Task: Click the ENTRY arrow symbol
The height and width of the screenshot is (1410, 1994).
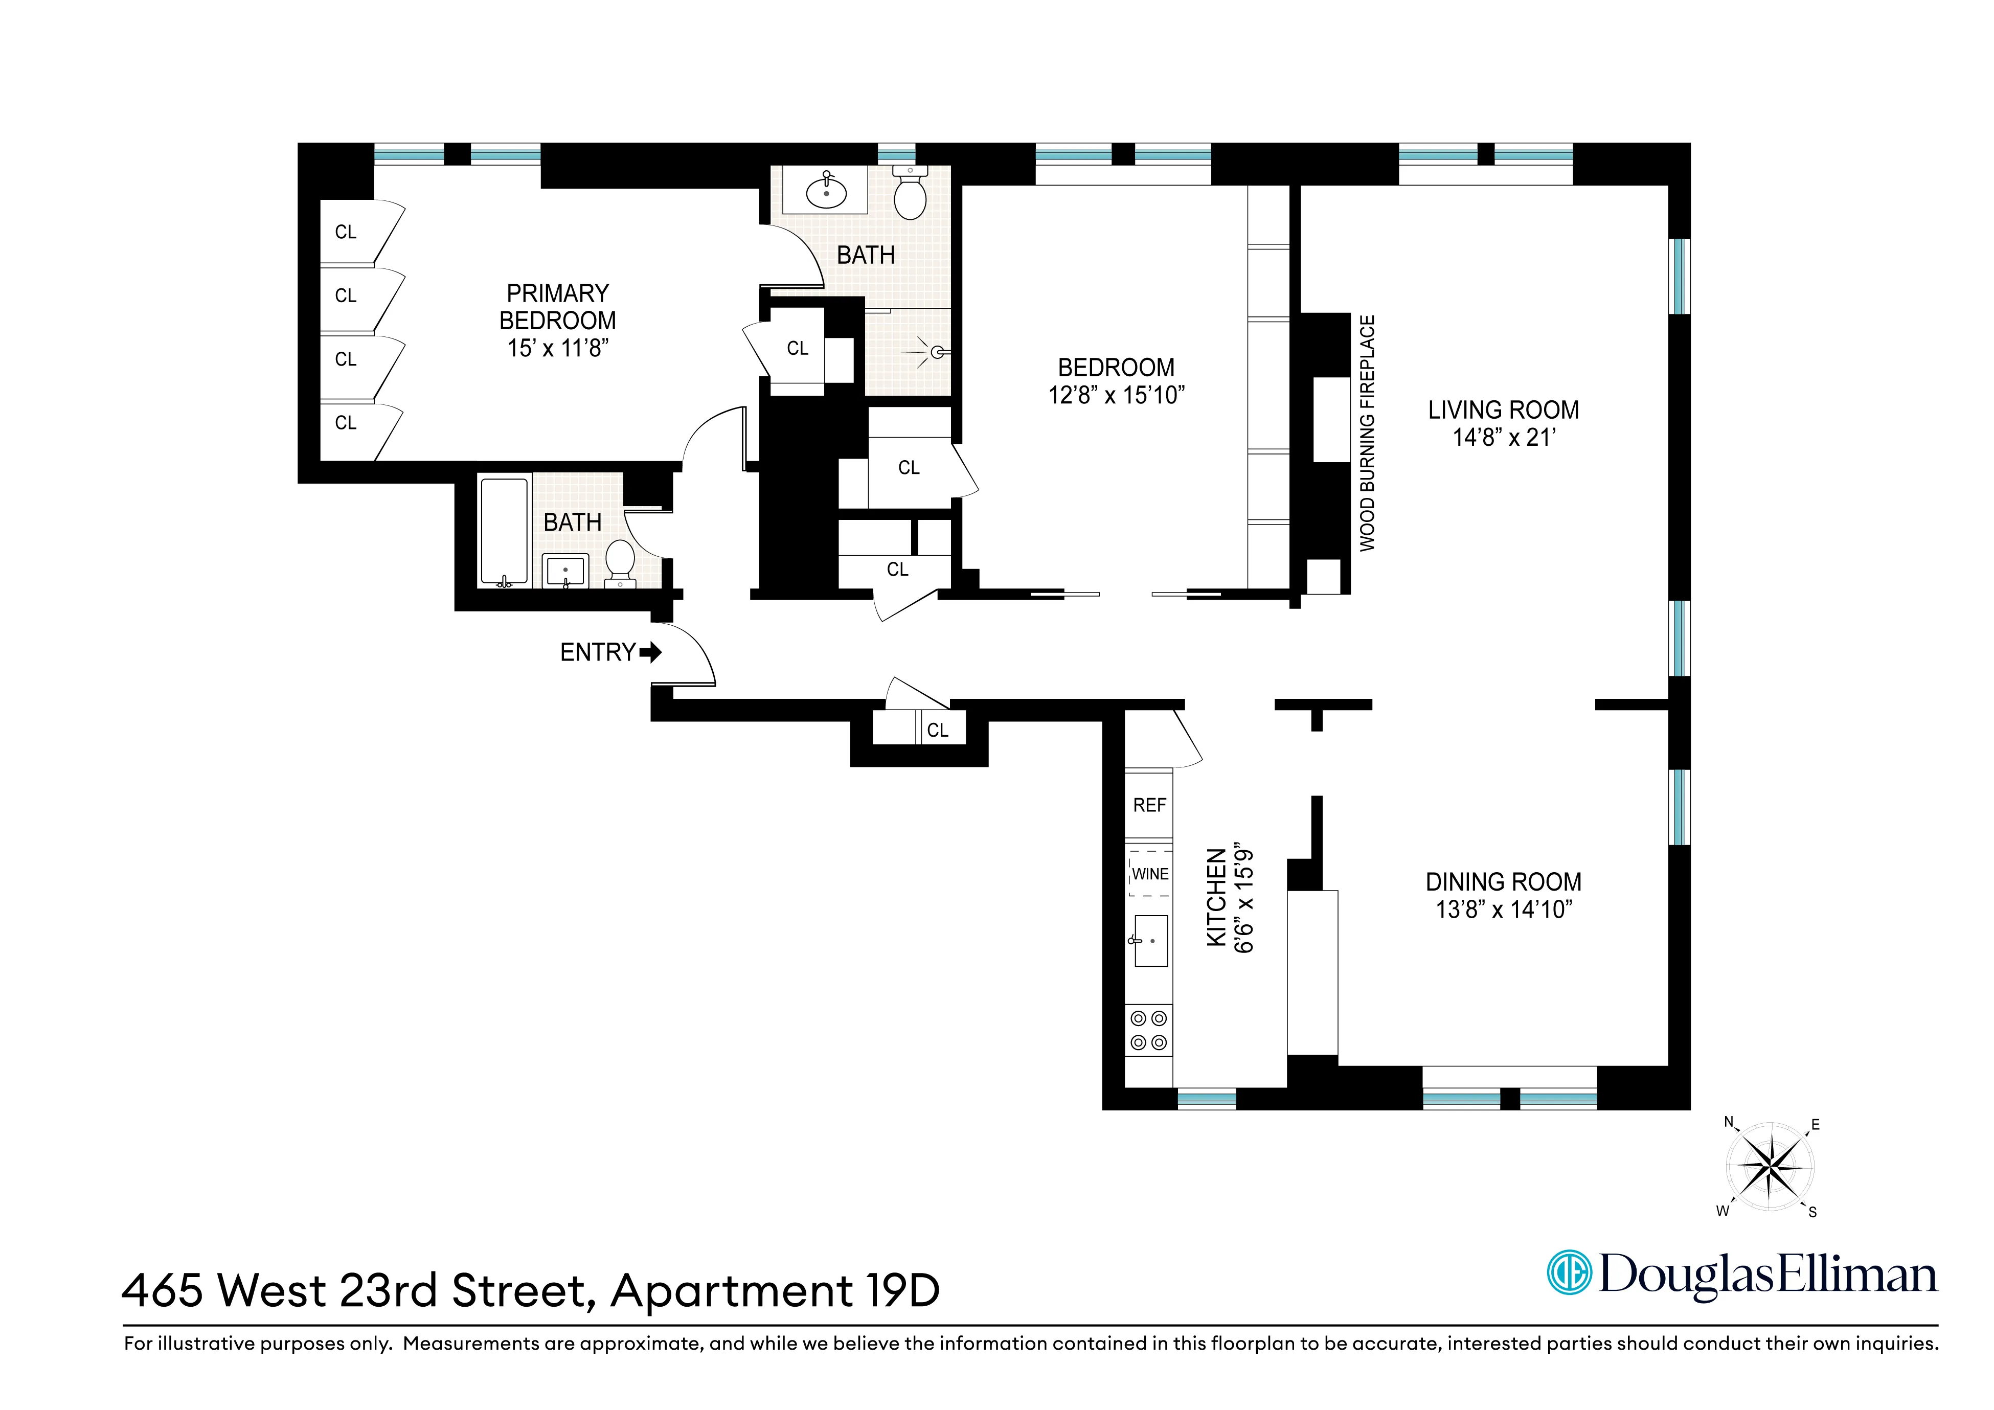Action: [x=650, y=652]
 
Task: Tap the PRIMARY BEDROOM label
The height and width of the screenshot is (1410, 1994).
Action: [x=558, y=306]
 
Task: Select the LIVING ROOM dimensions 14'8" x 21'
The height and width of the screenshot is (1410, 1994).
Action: [x=1503, y=438]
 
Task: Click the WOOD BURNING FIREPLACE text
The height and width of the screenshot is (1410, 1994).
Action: [x=1368, y=433]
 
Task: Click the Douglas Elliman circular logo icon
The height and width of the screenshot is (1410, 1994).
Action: [x=1569, y=1273]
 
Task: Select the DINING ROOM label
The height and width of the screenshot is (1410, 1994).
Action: [x=1503, y=882]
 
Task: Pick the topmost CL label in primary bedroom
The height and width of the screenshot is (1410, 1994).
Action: [x=346, y=232]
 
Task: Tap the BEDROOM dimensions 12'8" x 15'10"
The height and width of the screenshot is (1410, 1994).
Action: [x=1116, y=395]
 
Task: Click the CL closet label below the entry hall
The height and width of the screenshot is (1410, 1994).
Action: [x=937, y=730]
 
